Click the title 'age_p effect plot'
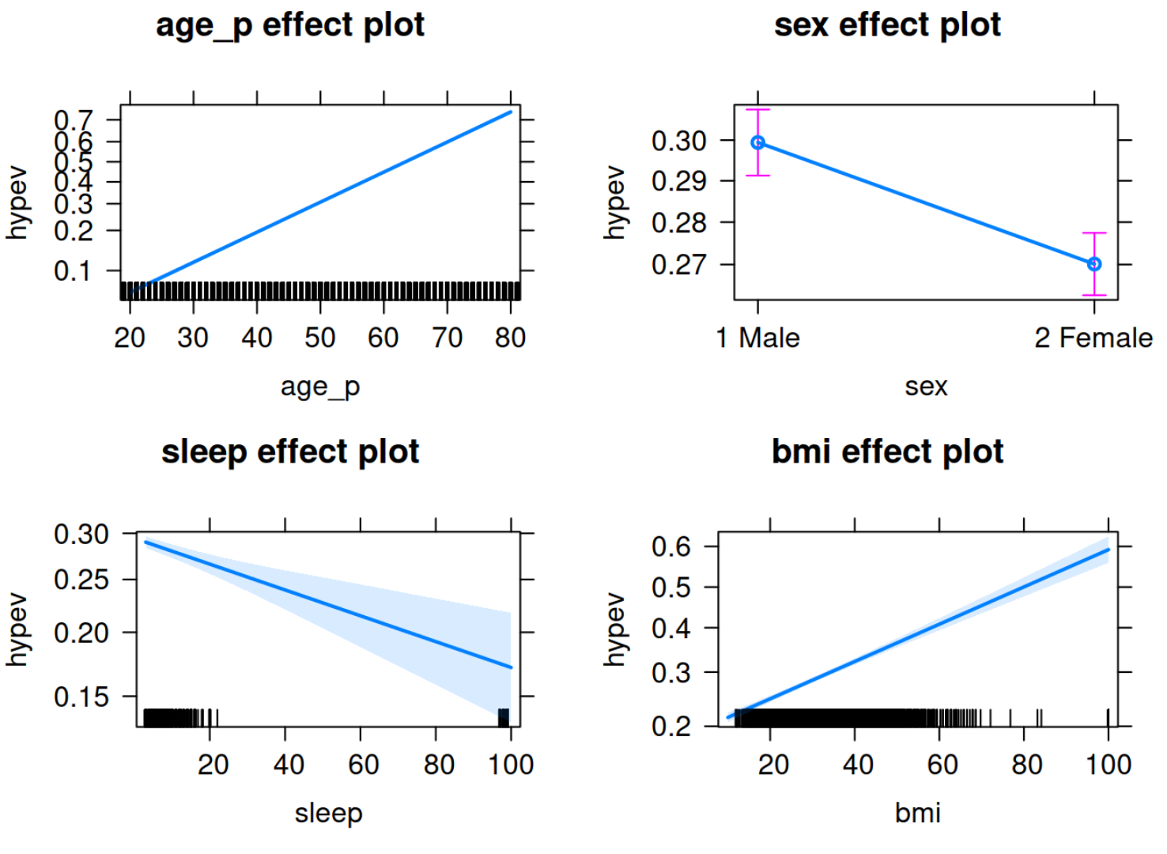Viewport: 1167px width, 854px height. [289, 25]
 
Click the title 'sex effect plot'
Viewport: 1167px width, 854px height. [887, 25]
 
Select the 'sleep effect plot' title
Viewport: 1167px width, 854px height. [289, 452]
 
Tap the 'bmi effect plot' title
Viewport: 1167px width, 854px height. [887, 452]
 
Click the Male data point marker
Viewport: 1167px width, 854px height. [758, 143]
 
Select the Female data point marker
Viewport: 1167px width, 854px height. [1094, 264]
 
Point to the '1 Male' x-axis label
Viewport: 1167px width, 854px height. [757, 338]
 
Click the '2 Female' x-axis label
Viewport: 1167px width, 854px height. [1093, 338]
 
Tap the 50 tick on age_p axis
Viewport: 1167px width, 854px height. [320, 338]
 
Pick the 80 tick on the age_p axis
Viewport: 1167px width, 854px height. [510, 338]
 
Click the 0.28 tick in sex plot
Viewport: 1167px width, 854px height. [678, 223]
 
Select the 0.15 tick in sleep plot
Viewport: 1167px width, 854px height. [81, 697]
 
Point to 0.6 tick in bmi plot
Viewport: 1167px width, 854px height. [670, 546]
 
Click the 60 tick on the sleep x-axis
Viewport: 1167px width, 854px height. [363, 765]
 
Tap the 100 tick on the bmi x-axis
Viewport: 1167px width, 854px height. [1108, 765]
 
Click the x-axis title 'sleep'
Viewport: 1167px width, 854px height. [328, 813]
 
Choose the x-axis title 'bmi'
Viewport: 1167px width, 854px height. [917, 813]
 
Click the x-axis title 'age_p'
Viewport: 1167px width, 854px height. [320, 387]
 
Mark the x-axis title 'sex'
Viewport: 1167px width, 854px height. [926, 387]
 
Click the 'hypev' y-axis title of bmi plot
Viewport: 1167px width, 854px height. [615, 629]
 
